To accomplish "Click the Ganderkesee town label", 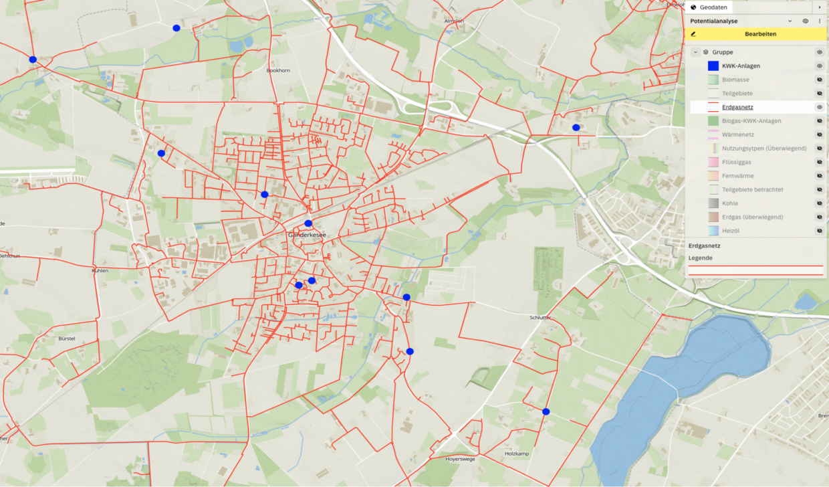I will [307, 235].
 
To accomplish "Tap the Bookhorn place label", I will [278, 70].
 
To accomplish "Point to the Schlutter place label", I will [540, 318].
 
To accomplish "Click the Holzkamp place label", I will [516, 454].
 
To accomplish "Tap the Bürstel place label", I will [67, 339].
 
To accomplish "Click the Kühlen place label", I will [100, 271].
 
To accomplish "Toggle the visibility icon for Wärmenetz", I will [819, 134].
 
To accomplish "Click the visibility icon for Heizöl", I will [819, 231].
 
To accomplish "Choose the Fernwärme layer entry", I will [738, 176].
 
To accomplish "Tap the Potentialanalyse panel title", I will [719, 21].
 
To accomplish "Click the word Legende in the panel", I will [700, 258].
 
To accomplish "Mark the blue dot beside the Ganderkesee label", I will [308, 223].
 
